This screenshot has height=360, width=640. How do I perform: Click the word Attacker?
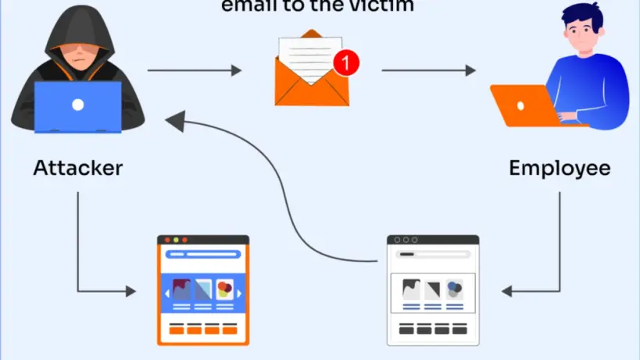(x=78, y=167)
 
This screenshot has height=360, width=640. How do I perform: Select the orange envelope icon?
(x=311, y=82)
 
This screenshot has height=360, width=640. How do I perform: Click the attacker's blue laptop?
(x=78, y=106)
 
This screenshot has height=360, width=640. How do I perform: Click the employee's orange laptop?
(x=522, y=105)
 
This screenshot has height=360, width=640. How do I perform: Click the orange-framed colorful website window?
(x=202, y=290)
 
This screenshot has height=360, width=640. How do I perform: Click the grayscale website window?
(x=433, y=290)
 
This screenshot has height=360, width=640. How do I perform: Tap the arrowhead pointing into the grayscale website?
(x=506, y=290)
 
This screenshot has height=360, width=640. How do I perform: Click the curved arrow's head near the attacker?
(x=173, y=120)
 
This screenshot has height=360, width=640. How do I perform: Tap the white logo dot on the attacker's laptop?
(x=78, y=104)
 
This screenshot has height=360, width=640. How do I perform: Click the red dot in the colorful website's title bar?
(x=165, y=240)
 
